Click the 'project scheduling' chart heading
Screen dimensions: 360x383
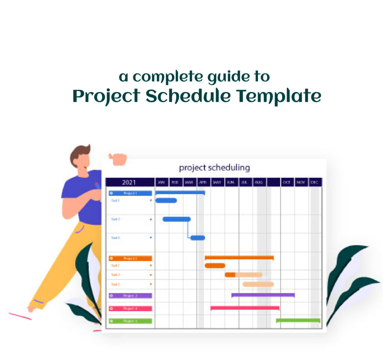point(214,167)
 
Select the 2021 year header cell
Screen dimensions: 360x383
point(129,182)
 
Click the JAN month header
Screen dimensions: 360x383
point(162,182)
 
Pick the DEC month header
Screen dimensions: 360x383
point(315,182)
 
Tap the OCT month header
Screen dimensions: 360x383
point(287,182)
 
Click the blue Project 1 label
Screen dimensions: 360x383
point(130,193)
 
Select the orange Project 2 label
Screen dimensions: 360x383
point(130,258)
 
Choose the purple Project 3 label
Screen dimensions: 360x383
point(130,296)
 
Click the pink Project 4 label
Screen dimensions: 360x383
point(130,308)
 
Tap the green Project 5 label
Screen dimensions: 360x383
point(130,321)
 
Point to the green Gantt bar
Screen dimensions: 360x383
point(298,320)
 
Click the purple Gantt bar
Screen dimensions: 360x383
point(263,295)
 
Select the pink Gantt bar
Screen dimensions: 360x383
point(245,308)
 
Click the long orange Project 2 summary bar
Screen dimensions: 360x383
point(239,257)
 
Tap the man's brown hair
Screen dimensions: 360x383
point(79,152)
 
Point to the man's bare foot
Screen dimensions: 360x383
point(32,308)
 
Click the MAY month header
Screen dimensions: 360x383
point(217,182)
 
